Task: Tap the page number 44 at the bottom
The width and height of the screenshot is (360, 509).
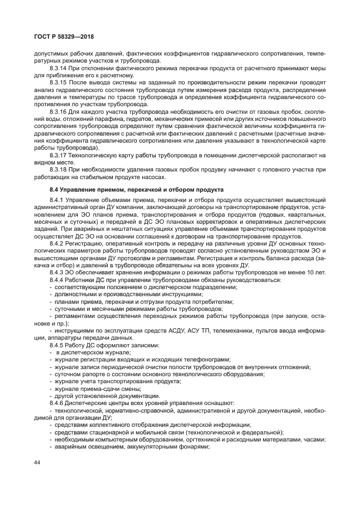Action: pos(38,462)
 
